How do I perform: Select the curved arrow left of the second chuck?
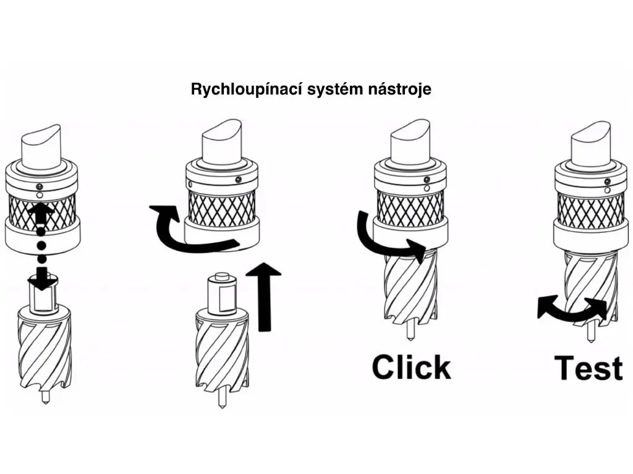point(185,231)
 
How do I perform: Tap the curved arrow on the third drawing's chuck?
point(386,238)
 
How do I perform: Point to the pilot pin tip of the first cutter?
point(45,398)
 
